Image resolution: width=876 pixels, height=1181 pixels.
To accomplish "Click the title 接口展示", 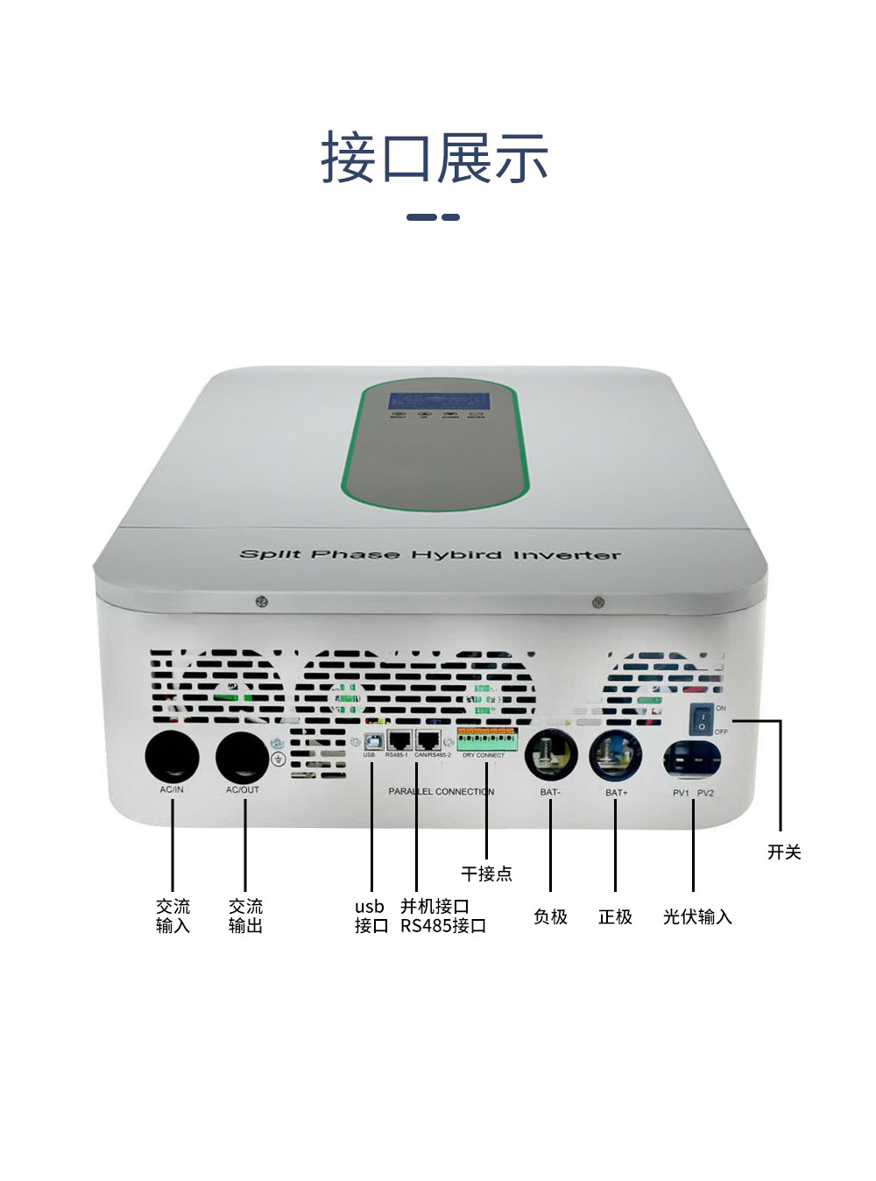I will pos(434,159).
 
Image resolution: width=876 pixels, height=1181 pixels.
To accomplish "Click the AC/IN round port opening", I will pos(172,754).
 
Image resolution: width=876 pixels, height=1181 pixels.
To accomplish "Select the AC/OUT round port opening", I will pos(243,756).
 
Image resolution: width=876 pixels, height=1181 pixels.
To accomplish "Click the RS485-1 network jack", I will pos(399,739).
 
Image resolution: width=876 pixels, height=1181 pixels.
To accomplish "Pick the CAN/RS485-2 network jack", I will pos(429,739).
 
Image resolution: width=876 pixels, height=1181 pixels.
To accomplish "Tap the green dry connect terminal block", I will pos(487,739).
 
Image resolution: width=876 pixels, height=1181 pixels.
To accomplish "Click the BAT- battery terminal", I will pos(551,754).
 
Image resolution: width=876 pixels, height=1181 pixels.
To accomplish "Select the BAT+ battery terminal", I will pos(615,754).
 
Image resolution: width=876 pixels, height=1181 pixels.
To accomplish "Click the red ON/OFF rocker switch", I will pos(702,720).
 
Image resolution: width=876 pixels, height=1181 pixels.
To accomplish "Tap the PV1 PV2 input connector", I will pos(692,759).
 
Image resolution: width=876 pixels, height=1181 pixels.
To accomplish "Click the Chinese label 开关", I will pos(784,852).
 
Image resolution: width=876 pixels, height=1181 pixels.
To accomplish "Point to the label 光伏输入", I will pos(697,916).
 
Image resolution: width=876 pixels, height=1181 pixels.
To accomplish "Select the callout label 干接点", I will pos(486,873).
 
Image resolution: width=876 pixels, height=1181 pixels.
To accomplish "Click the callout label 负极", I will pos(550,916).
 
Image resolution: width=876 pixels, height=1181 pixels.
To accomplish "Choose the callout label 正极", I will pos(615,916).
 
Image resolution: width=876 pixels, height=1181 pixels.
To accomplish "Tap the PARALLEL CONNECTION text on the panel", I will pos(442,791).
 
